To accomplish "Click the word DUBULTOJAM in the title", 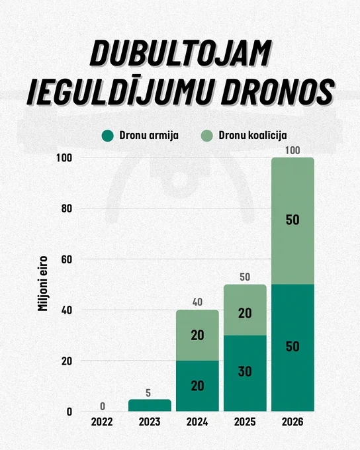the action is tap(181, 54).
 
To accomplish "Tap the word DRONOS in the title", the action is tap(277, 91).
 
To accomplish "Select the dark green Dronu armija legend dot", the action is tap(108, 136).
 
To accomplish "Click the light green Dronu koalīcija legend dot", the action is tap(206, 136).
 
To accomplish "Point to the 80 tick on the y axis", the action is tap(67, 208).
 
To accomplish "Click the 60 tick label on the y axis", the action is tap(67, 259).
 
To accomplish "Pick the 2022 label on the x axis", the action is tap(102, 422).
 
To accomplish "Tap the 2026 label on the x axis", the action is tap(292, 422).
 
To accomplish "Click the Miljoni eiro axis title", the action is tap(42, 283).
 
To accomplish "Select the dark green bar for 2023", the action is tap(150, 405).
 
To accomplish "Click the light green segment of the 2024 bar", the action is tap(197, 336).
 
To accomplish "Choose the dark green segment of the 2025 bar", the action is tap(245, 373).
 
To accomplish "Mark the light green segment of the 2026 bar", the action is tap(292, 221).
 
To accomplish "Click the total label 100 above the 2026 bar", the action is tap(292, 150).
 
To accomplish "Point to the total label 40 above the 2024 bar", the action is tap(197, 302).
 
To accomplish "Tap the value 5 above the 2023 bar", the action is tap(148, 393).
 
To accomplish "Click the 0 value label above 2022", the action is tap(103, 406).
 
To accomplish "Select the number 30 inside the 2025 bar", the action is tap(245, 372).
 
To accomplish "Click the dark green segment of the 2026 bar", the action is tap(292, 348).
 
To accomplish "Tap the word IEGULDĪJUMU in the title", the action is tap(121, 91).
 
